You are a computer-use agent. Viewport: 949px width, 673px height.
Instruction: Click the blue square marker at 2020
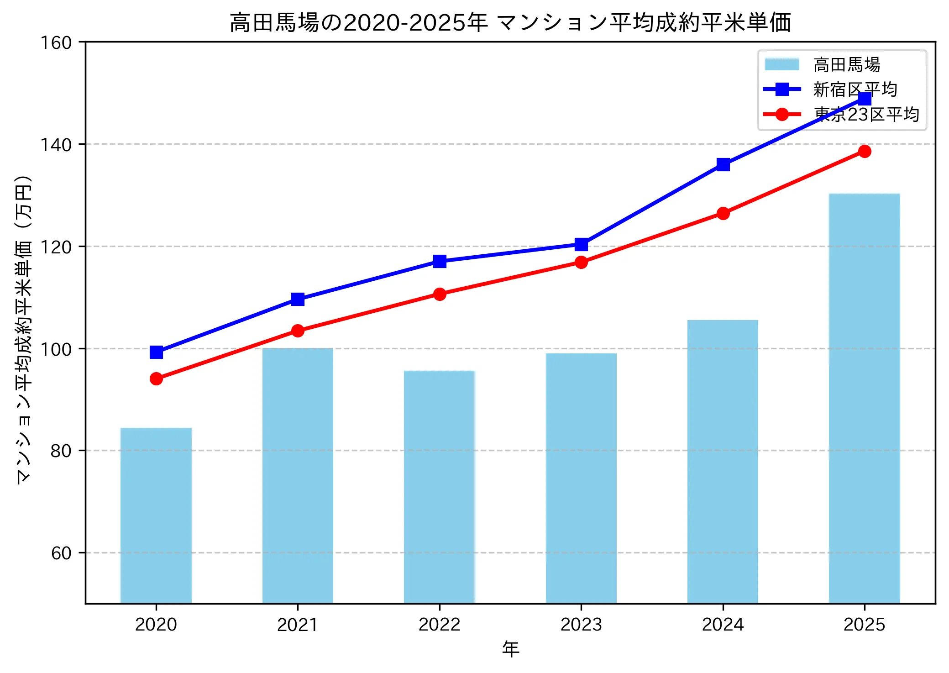tap(156, 352)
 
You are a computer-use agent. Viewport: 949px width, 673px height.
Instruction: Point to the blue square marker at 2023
tap(581, 245)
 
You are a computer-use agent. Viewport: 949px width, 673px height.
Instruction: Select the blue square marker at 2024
tap(723, 164)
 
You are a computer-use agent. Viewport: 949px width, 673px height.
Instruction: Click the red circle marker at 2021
tap(298, 331)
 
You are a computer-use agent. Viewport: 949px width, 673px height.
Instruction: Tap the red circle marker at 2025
tap(865, 151)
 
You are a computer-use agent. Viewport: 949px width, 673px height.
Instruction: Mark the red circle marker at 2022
tap(440, 294)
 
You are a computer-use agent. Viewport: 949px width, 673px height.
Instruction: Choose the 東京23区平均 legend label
tap(866, 114)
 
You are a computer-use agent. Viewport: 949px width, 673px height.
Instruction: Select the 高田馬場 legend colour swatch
tap(782, 64)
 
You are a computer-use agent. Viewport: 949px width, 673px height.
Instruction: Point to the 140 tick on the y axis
tap(57, 145)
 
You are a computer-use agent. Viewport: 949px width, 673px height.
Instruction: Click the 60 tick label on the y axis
tap(61, 553)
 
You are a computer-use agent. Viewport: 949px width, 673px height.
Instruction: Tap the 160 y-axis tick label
tap(57, 43)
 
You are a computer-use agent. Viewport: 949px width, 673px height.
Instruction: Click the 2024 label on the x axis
tap(723, 625)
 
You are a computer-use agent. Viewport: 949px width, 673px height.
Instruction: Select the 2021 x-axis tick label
tap(298, 625)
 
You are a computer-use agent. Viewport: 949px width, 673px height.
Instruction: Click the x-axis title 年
tap(510, 649)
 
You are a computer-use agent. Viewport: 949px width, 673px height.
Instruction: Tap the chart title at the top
tap(510, 23)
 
